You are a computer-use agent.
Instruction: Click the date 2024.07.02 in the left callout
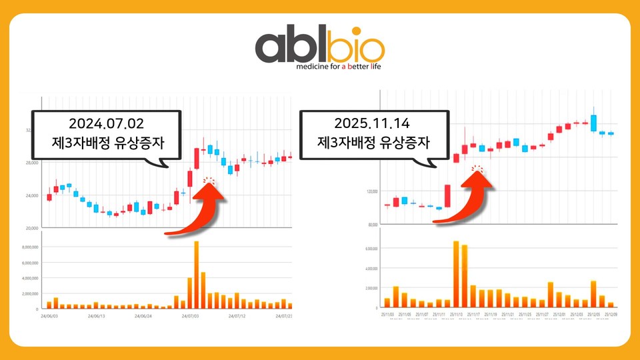pos(107,123)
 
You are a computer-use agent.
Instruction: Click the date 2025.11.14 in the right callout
pos(373,123)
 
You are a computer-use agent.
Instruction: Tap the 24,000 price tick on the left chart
pos(31,195)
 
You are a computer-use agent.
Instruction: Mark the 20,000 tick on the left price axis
pos(31,228)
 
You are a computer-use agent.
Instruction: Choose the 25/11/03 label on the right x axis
pos(387,313)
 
